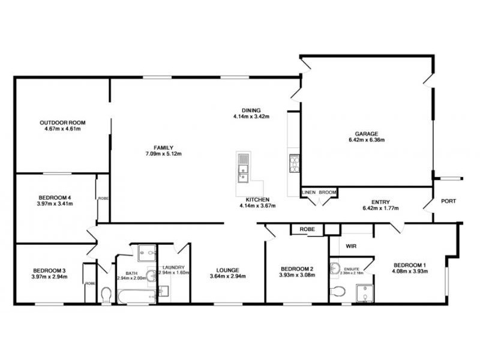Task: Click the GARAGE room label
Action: (x=365, y=133)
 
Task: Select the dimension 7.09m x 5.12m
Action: (x=163, y=154)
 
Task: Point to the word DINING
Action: (x=251, y=110)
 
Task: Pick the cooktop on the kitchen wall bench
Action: (x=294, y=163)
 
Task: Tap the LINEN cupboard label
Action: (x=309, y=192)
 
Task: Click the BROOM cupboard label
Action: (x=328, y=192)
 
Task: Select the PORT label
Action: (x=448, y=202)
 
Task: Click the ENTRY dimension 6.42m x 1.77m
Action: (x=381, y=208)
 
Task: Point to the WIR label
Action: (x=351, y=246)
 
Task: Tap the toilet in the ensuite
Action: (x=338, y=292)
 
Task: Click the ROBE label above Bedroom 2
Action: (x=307, y=229)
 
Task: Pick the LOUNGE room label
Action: (x=228, y=269)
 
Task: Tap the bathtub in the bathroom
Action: (x=136, y=295)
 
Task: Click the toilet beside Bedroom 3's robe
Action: (x=106, y=294)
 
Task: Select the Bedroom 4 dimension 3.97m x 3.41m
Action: (x=55, y=203)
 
